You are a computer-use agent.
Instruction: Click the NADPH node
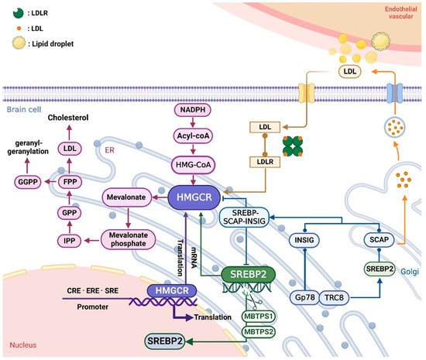pos(193,110)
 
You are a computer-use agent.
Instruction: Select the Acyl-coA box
pos(193,135)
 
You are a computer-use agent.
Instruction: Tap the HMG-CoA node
pos(193,165)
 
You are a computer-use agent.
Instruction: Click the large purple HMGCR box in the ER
pos(194,197)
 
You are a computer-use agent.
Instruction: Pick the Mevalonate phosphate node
pos(129,239)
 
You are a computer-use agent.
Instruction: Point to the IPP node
pos(69,241)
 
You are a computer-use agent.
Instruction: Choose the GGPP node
pos(28,182)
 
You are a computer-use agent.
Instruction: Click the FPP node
pos(70,182)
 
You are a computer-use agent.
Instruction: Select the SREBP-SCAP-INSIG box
pos(244,218)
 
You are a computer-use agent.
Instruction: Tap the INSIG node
pos(304,240)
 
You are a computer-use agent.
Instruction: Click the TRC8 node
pos(334,298)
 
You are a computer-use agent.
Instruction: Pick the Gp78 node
pos(305,297)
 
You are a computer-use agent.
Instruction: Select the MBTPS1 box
pos(259,317)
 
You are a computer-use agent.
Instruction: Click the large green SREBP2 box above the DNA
pos(249,275)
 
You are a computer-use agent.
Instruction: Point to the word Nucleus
pos(23,345)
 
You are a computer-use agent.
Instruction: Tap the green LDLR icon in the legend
pos(19,12)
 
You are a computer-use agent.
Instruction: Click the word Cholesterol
pos(68,118)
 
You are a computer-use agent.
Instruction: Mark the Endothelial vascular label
pos(400,12)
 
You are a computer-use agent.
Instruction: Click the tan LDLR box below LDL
pos(265,162)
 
